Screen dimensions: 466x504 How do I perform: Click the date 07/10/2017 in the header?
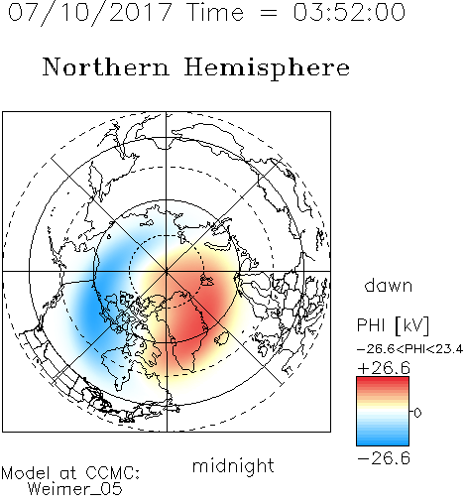90,13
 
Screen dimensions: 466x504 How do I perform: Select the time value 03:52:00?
349,12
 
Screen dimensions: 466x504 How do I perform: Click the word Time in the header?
215,12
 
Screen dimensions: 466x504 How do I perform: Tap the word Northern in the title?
106,66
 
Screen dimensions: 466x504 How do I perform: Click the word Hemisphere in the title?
267,68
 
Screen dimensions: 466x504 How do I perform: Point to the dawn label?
389,285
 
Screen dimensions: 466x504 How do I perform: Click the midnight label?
233,465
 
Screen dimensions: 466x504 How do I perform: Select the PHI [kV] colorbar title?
393,325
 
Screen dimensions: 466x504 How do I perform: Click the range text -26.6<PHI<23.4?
409,349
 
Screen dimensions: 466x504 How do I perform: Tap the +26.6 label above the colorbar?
384,368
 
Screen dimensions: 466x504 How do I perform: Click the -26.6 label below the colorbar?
384,458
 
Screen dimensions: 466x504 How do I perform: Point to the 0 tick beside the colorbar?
417,413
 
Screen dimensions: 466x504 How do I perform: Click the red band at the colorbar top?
383,381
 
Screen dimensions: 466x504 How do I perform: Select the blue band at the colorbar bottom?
383,441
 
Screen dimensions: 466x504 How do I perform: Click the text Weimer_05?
75,488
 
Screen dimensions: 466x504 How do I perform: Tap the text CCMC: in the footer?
113,473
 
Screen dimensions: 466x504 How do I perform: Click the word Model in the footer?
26,473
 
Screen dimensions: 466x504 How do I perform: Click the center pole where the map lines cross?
167,272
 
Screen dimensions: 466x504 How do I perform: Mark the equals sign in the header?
269,13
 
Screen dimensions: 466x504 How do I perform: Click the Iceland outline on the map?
221,339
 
